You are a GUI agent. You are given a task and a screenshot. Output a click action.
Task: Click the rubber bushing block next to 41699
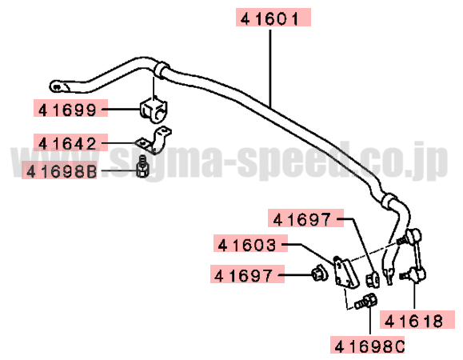click(x=153, y=110)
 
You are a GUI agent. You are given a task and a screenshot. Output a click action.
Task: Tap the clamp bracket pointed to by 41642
click(x=154, y=141)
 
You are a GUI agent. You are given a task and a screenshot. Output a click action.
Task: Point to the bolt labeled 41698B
click(x=142, y=166)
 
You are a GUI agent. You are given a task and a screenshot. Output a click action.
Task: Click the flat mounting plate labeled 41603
click(x=345, y=272)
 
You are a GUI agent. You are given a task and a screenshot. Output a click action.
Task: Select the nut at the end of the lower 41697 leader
click(x=320, y=273)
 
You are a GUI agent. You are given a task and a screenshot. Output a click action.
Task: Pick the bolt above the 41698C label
click(x=366, y=302)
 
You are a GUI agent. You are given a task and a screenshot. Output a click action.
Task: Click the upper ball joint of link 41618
click(x=413, y=235)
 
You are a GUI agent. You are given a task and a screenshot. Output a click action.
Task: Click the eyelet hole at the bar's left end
click(x=57, y=87)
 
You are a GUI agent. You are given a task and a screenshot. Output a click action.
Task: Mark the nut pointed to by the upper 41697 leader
click(x=373, y=278)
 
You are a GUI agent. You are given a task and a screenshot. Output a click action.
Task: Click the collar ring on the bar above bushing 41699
click(x=162, y=70)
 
